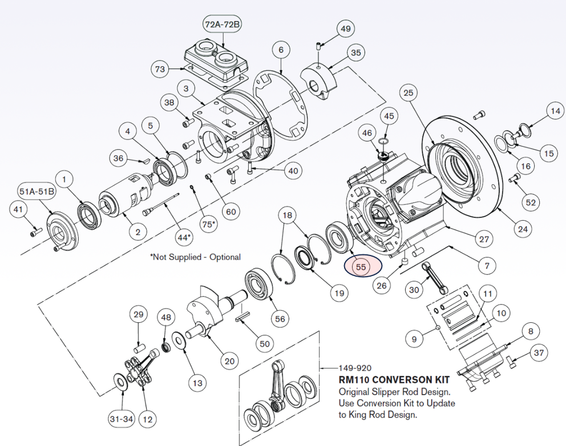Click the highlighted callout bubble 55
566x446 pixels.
(361, 266)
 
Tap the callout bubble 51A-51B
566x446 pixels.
(37, 191)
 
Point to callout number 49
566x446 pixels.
(345, 29)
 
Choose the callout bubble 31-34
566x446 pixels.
(121, 419)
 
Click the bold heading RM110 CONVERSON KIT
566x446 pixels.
(394, 379)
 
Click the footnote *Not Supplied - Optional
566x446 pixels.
(195, 257)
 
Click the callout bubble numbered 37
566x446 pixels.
(539, 354)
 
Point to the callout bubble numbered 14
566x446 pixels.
(555, 110)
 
